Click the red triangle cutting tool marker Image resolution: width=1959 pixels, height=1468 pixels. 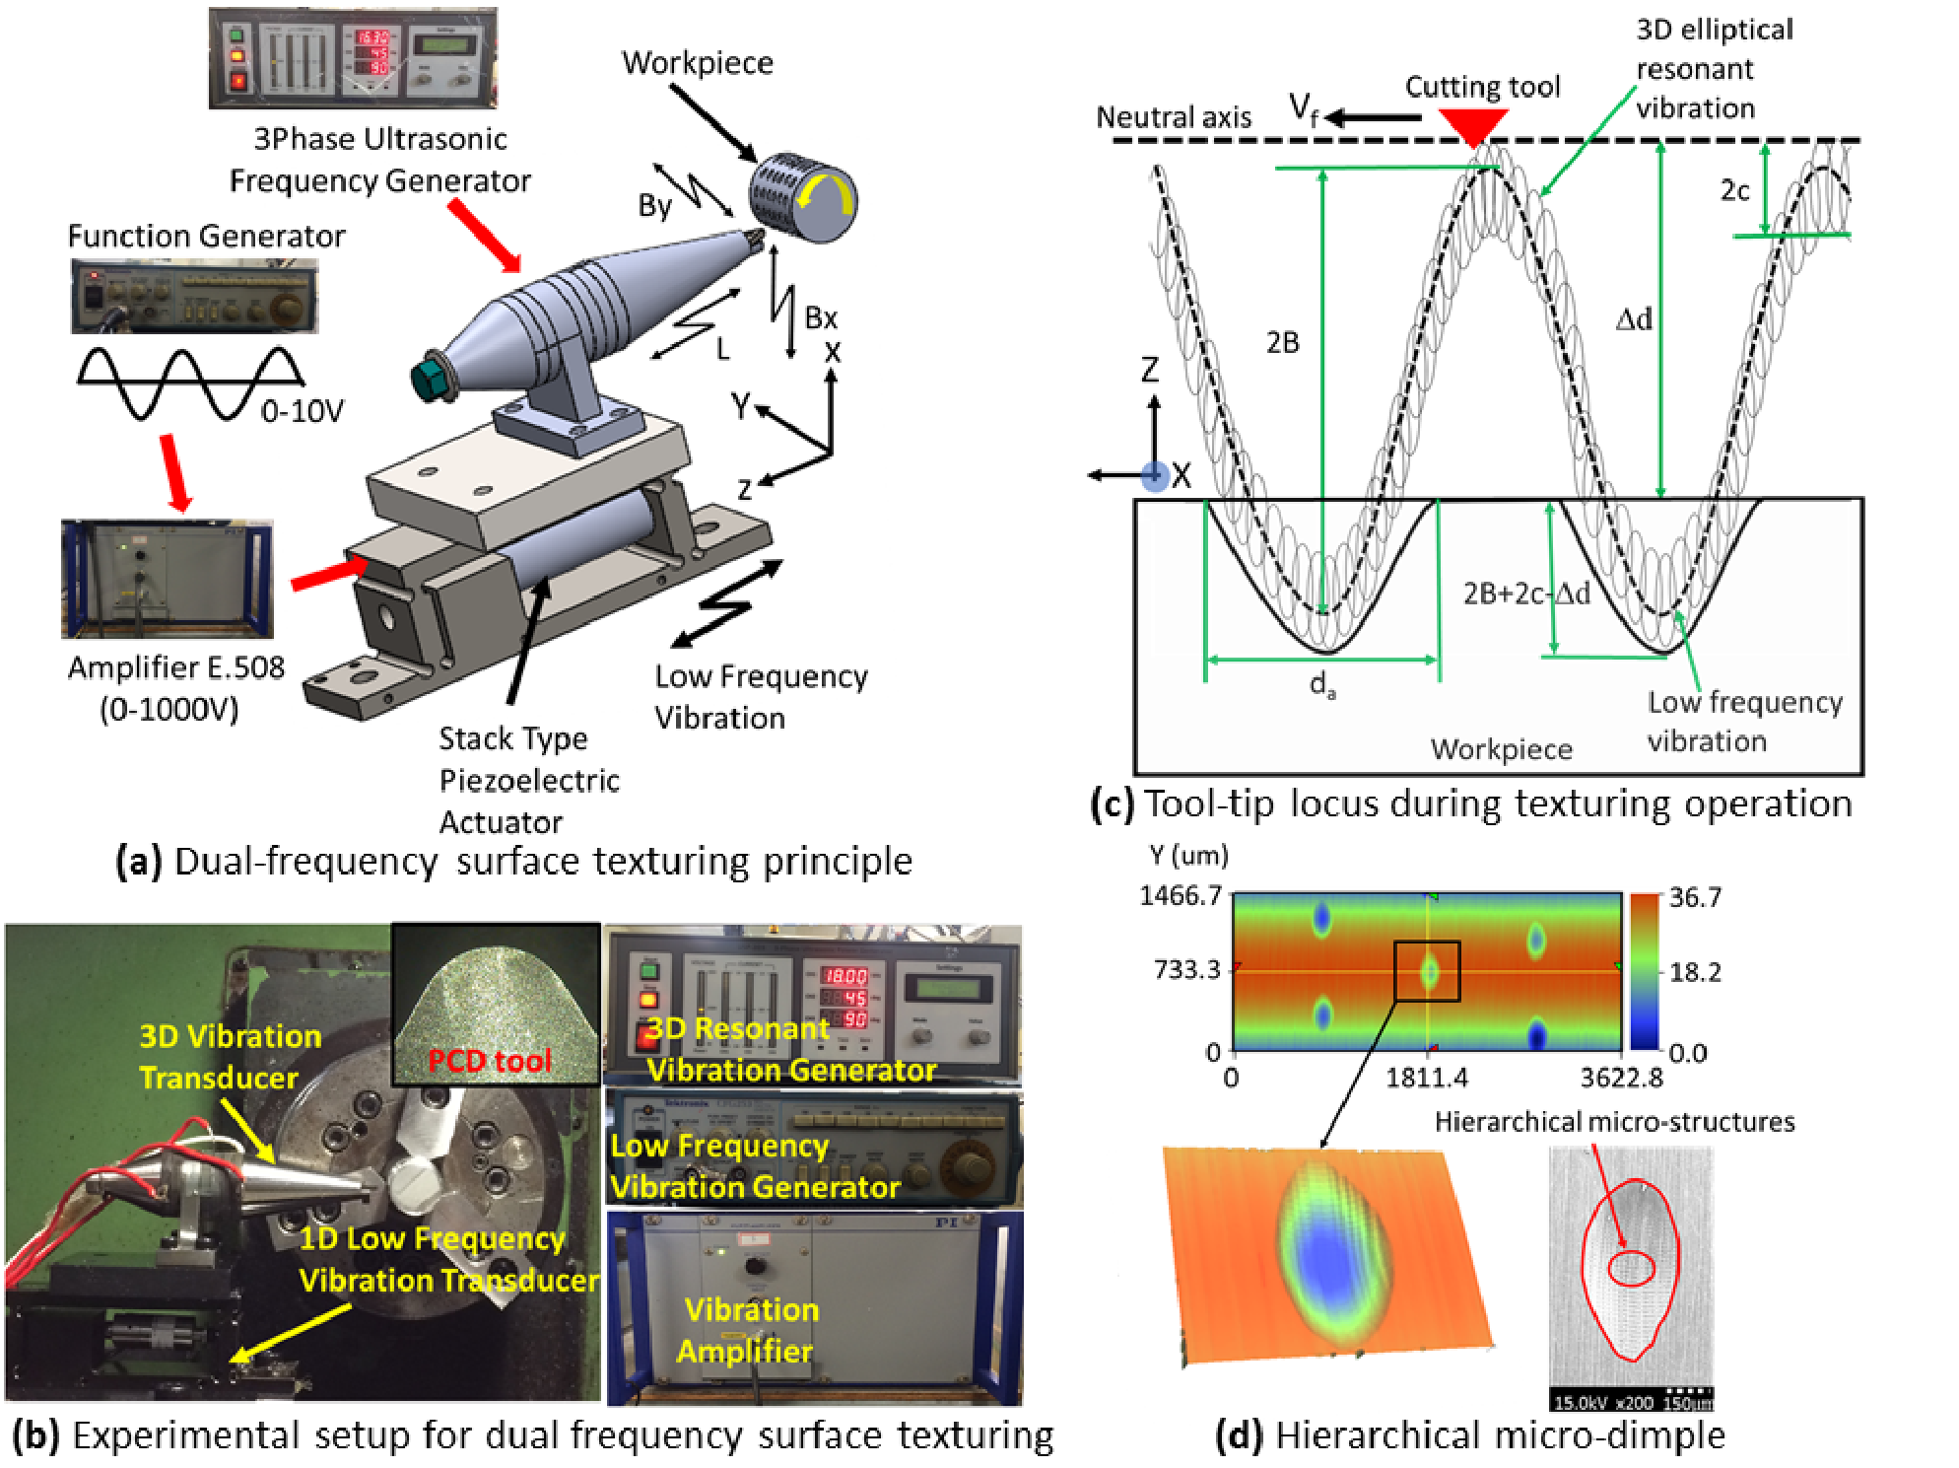pyautogui.click(x=1472, y=124)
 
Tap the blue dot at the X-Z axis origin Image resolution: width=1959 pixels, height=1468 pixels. pyautogui.click(x=1154, y=476)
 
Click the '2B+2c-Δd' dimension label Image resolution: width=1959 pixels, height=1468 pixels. pyautogui.click(x=1525, y=594)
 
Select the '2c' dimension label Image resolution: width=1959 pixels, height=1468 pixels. pyautogui.click(x=1734, y=190)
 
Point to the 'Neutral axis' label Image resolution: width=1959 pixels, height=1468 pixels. pyautogui.click(x=1174, y=117)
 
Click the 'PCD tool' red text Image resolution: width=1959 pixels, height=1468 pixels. pyautogui.click(x=489, y=1061)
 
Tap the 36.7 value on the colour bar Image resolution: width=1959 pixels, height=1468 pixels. pyautogui.click(x=1695, y=897)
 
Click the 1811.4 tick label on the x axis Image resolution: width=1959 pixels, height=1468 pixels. pyautogui.click(x=1426, y=1078)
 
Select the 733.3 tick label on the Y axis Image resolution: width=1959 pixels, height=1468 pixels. pyautogui.click(x=1186, y=970)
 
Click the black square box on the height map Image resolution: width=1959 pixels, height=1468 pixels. pyautogui.click(x=1426, y=971)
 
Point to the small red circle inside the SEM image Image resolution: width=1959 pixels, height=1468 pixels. pyautogui.click(x=1631, y=1268)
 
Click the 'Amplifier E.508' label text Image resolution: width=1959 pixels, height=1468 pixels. pyautogui.click(x=175, y=667)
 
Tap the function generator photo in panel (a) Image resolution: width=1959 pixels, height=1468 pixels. pyautogui.click(x=194, y=296)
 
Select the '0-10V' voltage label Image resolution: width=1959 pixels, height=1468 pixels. pyautogui.click(x=302, y=411)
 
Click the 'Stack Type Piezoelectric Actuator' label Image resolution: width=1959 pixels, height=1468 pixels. pyautogui.click(x=528, y=780)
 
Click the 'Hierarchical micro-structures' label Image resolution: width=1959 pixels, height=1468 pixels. pyautogui.click(x=1613, y=1122)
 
